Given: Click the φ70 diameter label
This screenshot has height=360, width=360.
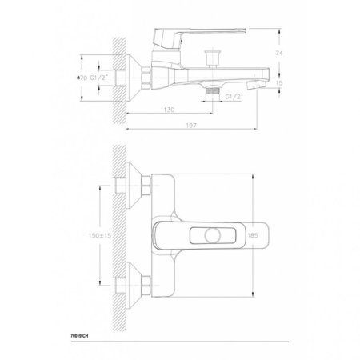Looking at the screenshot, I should click(x=82, y=78).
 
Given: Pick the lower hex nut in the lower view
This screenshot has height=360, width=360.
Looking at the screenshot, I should click(x=147, y=284).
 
